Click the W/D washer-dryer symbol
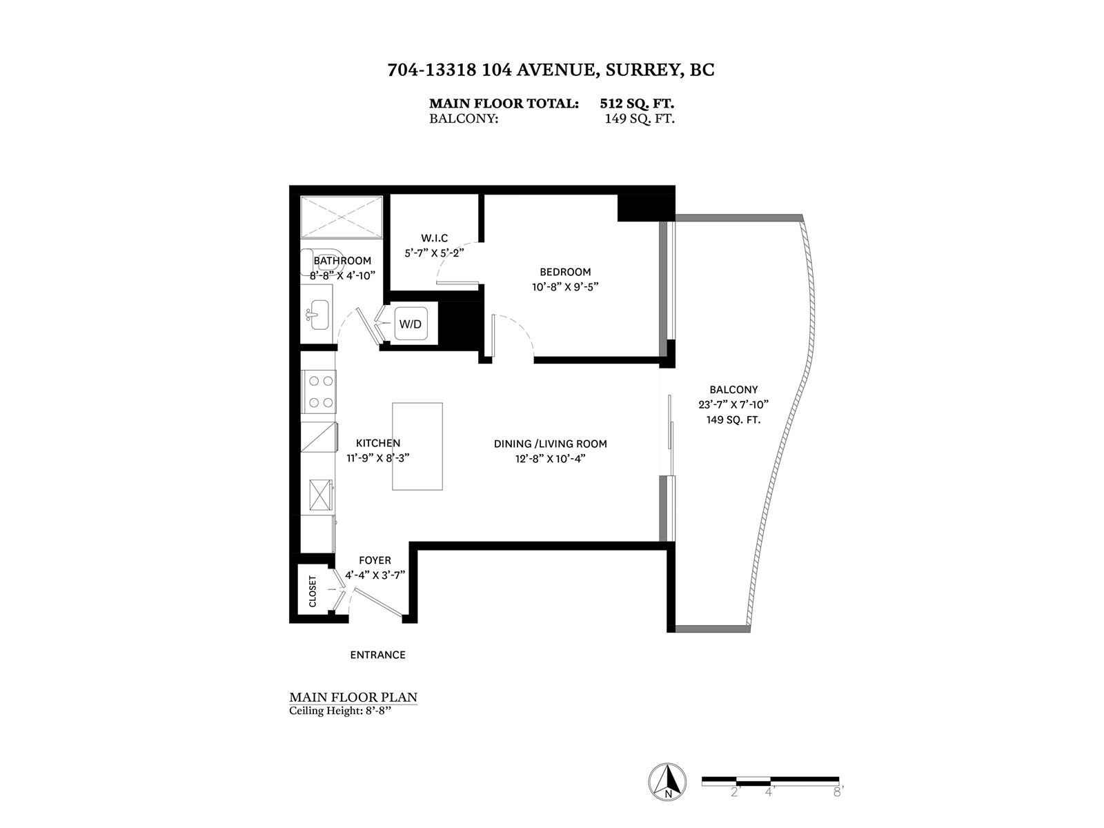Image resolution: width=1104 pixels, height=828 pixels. (411, 324)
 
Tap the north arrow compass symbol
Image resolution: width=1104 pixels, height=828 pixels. (667, 782)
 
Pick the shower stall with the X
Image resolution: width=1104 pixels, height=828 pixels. (342, 217)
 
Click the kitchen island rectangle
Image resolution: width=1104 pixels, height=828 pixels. (417, 446)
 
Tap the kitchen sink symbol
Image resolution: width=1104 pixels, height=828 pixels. (321, 495)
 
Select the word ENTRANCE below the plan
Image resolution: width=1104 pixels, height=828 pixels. (377, 655)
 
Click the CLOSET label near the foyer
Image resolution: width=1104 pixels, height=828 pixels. (313, 591)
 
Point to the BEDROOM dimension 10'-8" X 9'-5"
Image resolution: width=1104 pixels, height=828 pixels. (565, 287)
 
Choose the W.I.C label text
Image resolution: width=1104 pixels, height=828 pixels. (434, 238)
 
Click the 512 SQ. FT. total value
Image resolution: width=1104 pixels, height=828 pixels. (637, 103)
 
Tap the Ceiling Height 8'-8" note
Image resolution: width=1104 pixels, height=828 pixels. (340, 711)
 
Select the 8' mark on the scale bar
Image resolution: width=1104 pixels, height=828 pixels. (838, 792)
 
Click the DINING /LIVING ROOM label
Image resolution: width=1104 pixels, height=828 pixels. (550, 444)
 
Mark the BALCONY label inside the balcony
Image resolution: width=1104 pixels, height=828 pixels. (734, 390)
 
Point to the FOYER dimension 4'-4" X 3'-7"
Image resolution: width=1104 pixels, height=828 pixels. (375, 575)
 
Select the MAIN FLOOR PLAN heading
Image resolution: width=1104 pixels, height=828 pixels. (353, 698)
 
